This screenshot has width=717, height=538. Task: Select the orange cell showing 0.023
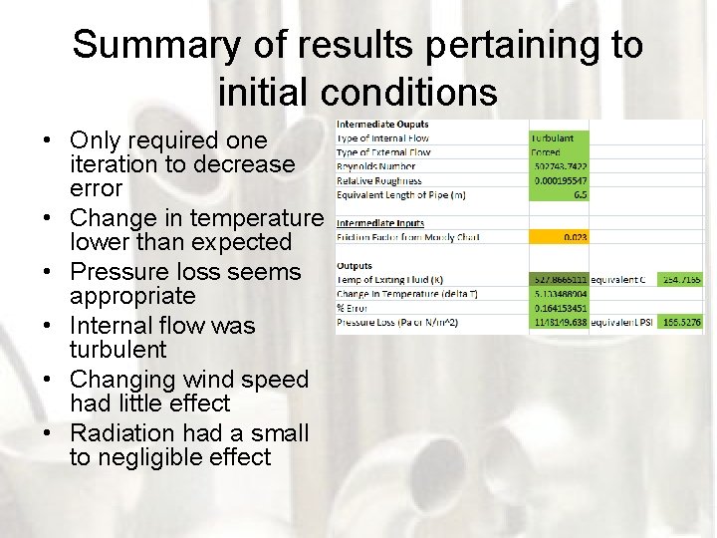[x=560, y=238]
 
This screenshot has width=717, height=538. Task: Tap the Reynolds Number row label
[x=377, y=166]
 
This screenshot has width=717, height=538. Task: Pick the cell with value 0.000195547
[x=560, y=181]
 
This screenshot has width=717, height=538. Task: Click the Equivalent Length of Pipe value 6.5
[x=560, y=195]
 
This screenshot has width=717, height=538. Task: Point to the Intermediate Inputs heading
[x=380, y=223]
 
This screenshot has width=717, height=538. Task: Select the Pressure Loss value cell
[x=560, y=323]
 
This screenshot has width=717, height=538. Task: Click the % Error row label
[x=355, y=309]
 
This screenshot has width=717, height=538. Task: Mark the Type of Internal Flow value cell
[x=560, y=137]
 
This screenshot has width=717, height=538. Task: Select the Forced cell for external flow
[x=560, y=152]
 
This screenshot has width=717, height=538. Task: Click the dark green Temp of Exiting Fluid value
[x=560, y=281]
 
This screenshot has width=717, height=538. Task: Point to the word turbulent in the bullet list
[x=119, y=350]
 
